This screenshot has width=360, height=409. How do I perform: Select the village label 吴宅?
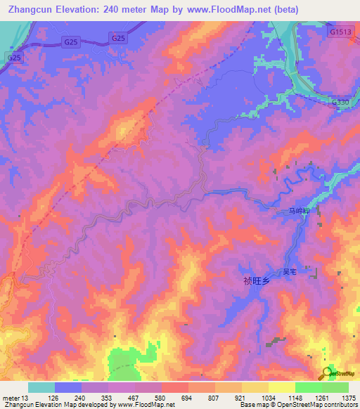(x=290, y=271)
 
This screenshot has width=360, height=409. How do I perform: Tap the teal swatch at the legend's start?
(x=41, y=387)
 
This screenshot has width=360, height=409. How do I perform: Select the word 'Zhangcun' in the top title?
(x=27, y=10)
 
